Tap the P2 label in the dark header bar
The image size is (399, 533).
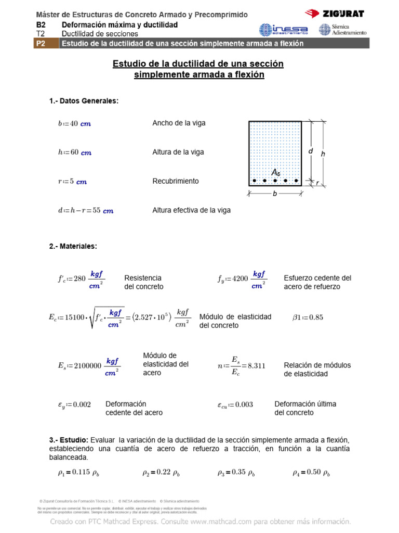pos(41,44)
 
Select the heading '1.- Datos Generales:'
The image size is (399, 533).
pos(84,101)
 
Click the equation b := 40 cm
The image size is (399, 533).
pos(74,123)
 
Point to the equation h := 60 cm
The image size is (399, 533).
pos(74,153)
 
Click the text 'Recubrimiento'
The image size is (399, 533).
pos(176,181)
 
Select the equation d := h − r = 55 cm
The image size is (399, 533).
pos(85,211)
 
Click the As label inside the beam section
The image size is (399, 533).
pos(276,172)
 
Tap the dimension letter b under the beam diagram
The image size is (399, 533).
pos(275,193)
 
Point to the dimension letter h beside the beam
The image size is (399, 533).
pos(323,154)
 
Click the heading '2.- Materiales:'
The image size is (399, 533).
pos(73,246)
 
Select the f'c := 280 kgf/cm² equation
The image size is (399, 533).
pos(81,278)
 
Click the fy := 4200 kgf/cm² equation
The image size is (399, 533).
pos(242,278)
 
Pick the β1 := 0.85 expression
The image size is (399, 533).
pos(308,318)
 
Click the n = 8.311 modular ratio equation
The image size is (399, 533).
pos(241,365)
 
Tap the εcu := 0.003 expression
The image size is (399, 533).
pos(235,404)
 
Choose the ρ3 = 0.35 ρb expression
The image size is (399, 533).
pos(236,473)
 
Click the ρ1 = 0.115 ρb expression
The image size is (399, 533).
pos(78,473)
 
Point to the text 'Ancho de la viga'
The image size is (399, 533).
pos(179,123)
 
